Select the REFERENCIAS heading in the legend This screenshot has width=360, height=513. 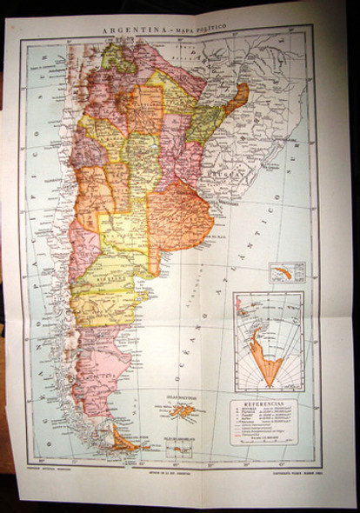(264, 404)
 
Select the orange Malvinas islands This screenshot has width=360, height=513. (182, 410)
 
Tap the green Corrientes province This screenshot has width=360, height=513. (203, 123)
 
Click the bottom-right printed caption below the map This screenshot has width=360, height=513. (277, 471)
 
